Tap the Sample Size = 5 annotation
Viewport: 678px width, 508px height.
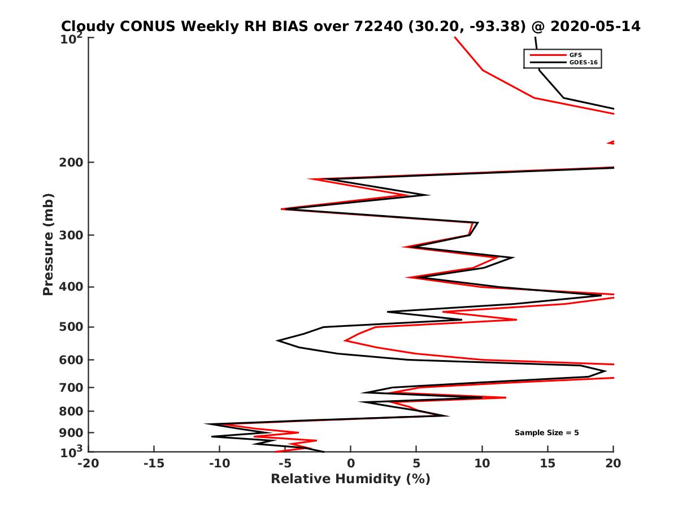pos(546,433)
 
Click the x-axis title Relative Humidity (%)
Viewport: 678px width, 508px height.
pos(350,479)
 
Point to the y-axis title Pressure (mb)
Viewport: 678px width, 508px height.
pos(48,244)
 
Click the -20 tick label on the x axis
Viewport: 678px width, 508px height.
pos(88,464)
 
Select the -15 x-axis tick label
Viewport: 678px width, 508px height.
pos(154,464)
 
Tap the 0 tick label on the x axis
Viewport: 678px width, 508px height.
pos(350,464)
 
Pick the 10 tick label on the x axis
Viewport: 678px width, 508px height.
pos(482,464)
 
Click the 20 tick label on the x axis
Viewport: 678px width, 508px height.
pos(614,464)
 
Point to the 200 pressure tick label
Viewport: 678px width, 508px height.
pos(72,163)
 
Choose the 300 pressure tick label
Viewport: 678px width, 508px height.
pos(72,235)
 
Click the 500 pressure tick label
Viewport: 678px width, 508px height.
pos(72,327)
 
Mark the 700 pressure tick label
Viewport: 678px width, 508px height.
pos(72,388)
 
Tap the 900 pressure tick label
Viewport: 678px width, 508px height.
pos(72,433)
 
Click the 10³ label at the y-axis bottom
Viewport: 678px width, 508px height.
pos(73,452)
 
